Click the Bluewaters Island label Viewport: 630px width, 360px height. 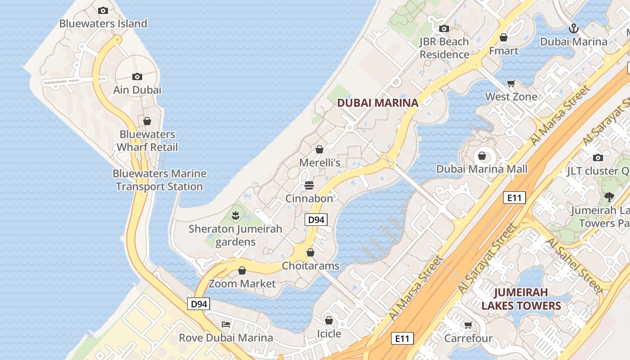[103, 23]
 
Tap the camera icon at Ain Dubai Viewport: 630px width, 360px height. [137, 77]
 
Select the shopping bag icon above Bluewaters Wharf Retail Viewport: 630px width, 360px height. [147, 121]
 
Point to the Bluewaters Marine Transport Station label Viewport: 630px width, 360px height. [159, 180]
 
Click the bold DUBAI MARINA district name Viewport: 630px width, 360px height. [378, 103]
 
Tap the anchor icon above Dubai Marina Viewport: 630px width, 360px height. [573, 29]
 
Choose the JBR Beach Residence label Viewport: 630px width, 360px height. [444, 48]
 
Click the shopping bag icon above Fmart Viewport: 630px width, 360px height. [504, 37]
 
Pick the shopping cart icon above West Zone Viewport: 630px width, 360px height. [511, 83]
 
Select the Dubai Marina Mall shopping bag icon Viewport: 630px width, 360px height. [482, 156]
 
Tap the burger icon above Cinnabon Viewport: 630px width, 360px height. [309, 185]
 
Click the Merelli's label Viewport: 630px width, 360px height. [320, 162]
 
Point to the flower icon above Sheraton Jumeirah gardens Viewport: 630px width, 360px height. [235, 216]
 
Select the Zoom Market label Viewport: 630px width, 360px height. [242, 283]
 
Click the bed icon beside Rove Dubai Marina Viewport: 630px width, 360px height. [226, 324]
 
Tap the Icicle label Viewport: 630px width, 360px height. [329, 333]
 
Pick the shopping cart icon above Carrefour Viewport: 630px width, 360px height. [468, 325]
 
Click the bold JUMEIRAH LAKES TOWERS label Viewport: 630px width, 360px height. [521, 299]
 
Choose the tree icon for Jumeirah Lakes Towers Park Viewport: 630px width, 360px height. [609, 197]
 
